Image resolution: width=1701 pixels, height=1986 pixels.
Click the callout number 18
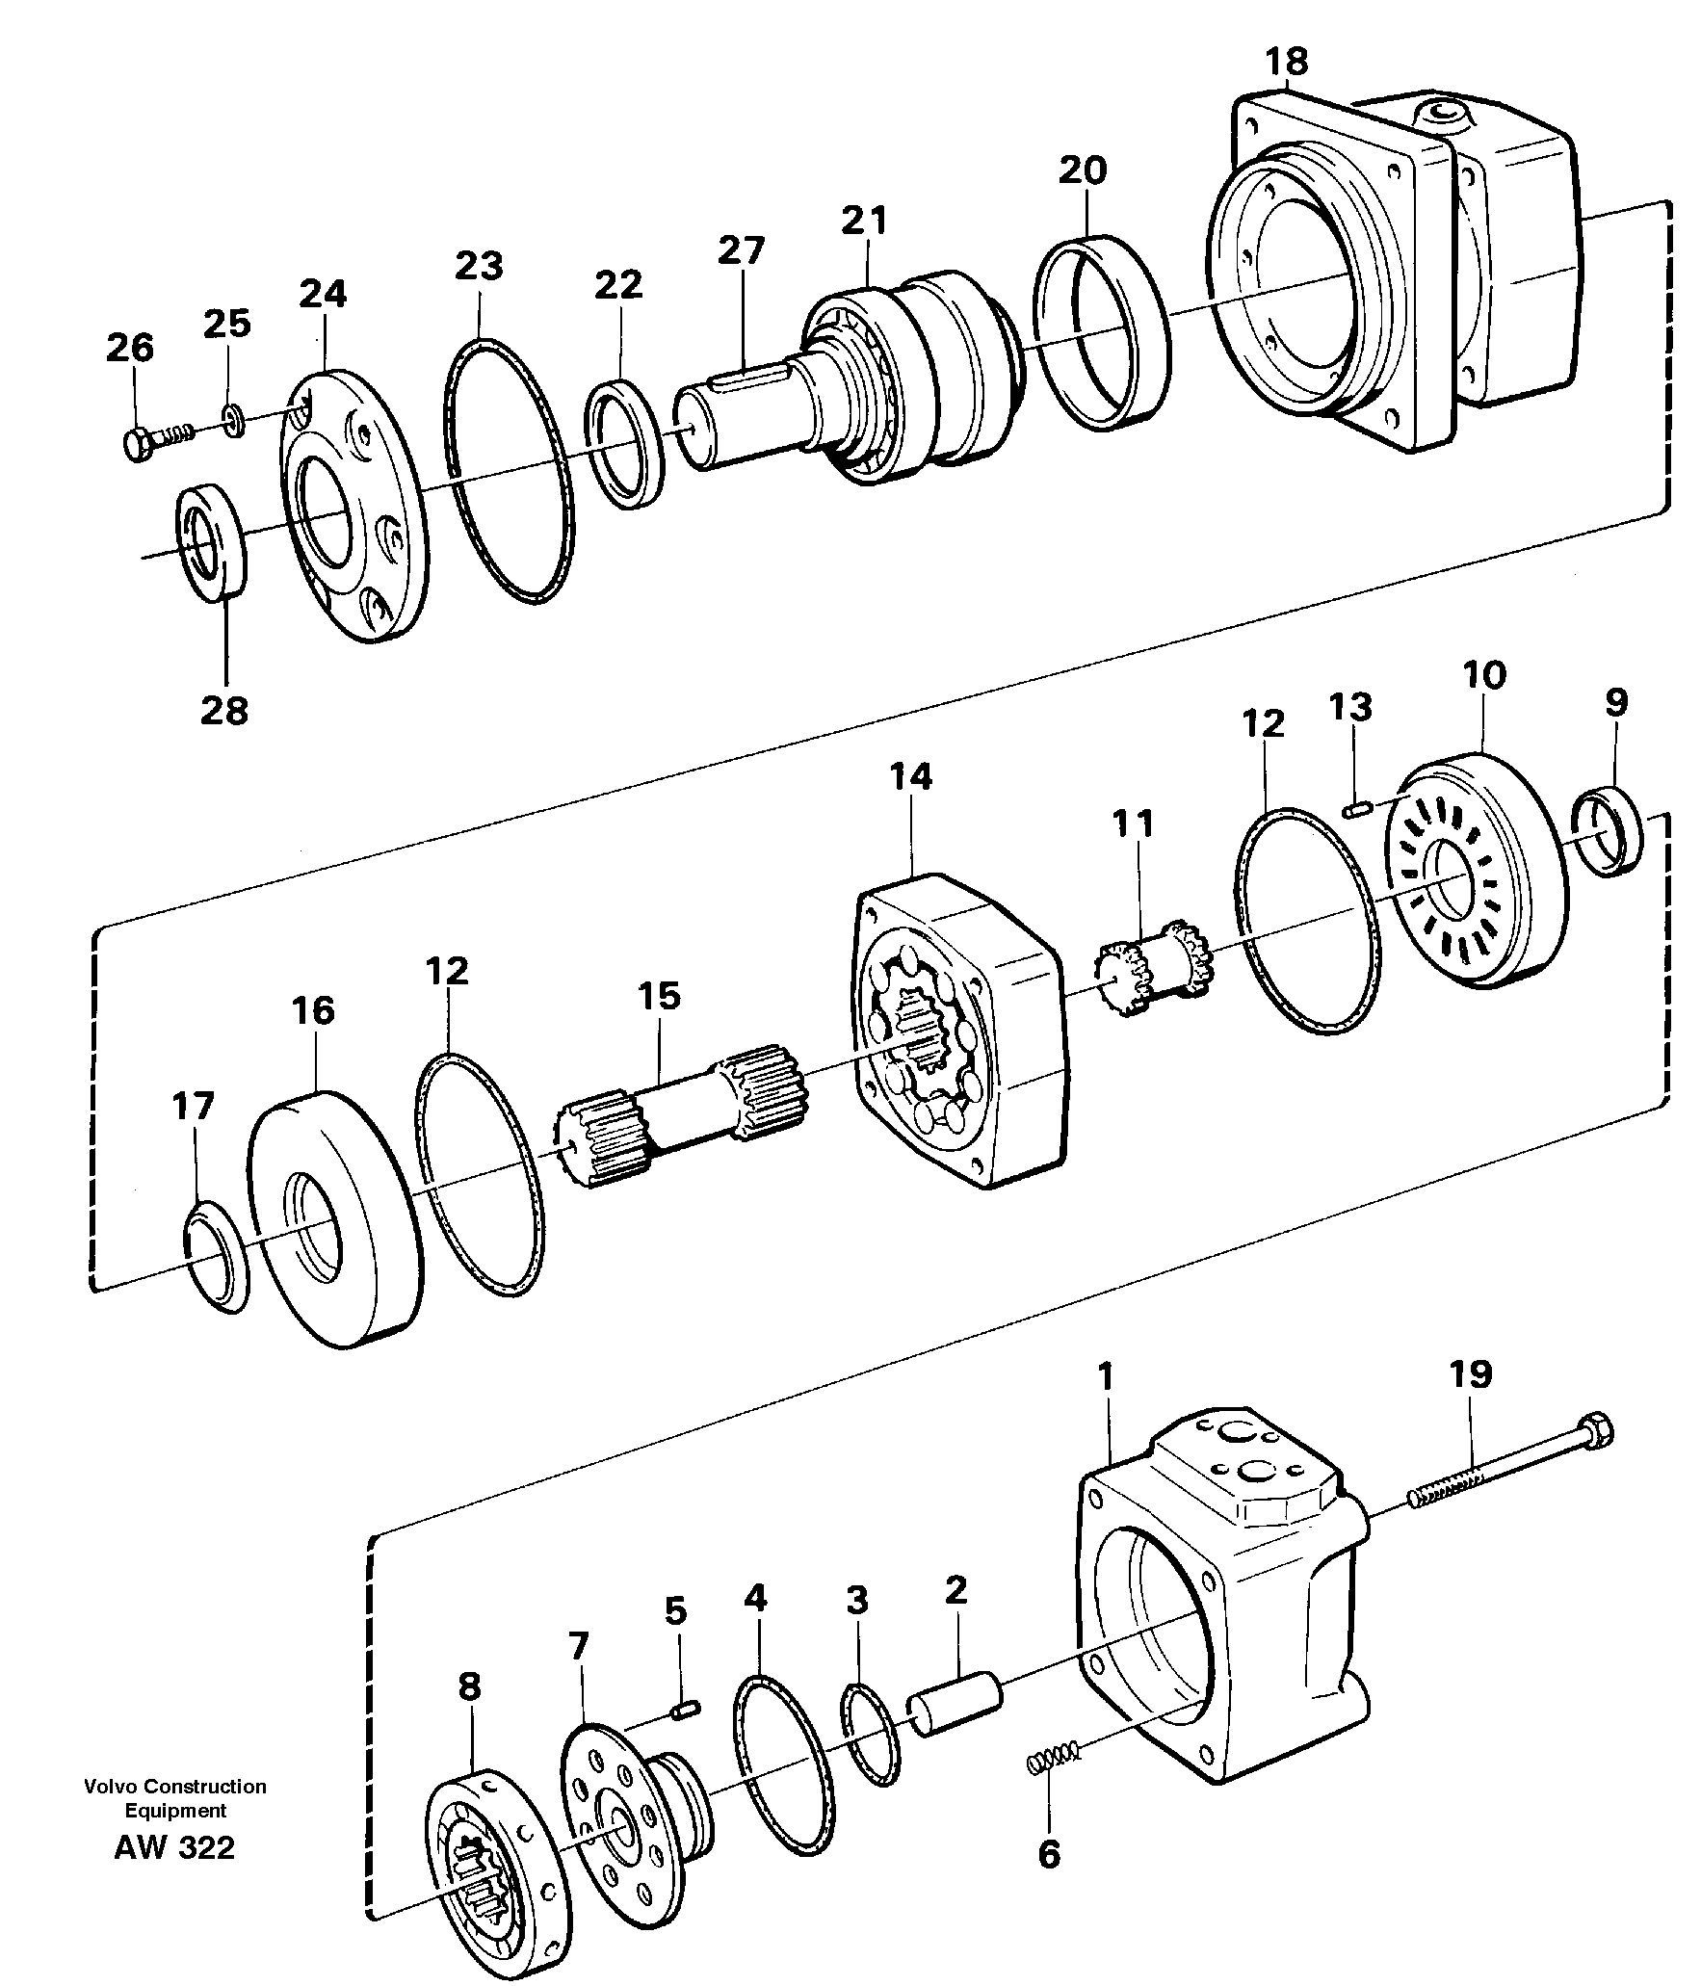pos(1286,62)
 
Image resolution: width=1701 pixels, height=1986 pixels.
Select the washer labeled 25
pos(234,421)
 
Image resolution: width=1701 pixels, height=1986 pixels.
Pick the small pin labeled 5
pos(685,1710)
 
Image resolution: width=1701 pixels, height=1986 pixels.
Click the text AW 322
pos(174,1847)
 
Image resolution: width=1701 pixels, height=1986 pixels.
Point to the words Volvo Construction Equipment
pos(174,1798)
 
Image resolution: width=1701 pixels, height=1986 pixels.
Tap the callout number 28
pos(224,711)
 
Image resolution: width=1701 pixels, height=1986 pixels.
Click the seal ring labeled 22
pos(625,444)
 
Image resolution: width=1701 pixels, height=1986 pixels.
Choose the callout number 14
pos(911,776)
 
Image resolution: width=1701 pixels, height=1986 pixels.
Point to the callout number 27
pos(741,250)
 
